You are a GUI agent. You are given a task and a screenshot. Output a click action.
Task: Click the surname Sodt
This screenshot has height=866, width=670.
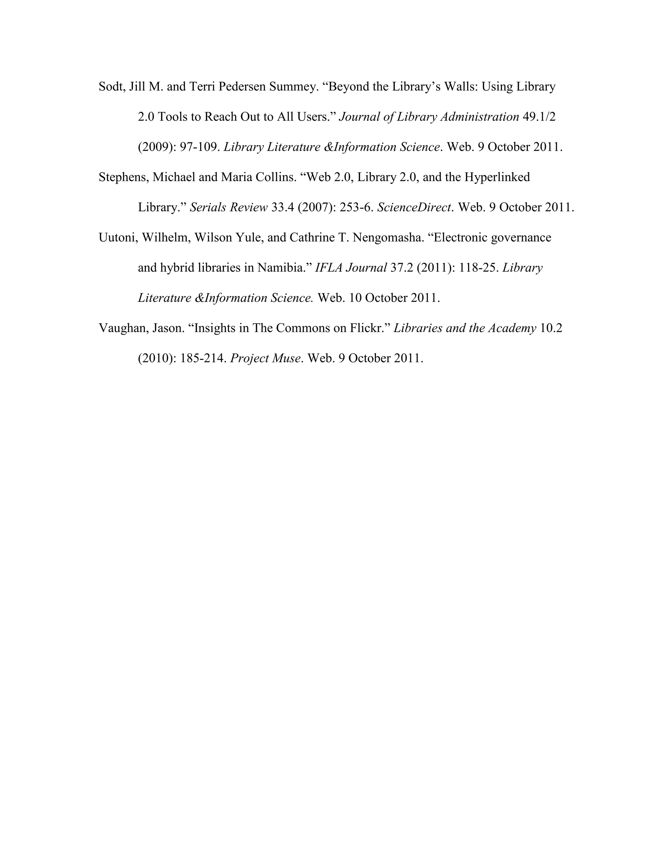coord(112,87)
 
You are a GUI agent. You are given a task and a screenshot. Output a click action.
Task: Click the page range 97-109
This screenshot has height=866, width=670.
coord(200,147)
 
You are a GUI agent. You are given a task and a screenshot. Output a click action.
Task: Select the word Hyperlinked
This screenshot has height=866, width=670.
coord(497,177)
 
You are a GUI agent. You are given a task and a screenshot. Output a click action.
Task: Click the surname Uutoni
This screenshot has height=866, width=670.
coord(117,238)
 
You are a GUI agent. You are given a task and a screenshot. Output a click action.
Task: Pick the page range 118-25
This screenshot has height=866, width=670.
coord(479,268)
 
